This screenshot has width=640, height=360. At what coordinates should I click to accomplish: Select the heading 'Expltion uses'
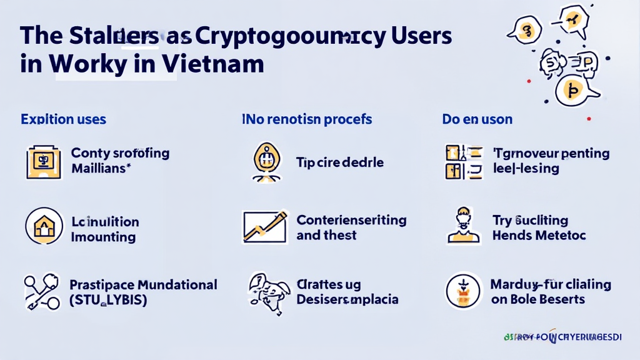tap(63, 119)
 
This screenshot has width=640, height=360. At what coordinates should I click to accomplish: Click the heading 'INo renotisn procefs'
tap(307, 119)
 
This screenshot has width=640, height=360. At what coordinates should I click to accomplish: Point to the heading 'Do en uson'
tap(477, 119)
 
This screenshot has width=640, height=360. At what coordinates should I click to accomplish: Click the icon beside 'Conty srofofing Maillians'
tap(43, 161)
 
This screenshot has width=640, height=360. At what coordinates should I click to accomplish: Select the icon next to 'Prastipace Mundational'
tap(41, 291)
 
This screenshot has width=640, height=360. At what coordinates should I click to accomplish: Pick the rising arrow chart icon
tap(264, 227)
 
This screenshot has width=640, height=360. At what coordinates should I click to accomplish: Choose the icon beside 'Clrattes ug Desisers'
tap(266, 291)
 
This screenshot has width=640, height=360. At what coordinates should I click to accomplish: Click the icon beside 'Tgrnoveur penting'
tap(463, 161)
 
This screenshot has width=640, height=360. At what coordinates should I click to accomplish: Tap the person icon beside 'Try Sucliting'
tap(463, 226)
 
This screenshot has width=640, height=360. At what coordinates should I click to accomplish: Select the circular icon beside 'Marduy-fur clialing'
tap(463, 291)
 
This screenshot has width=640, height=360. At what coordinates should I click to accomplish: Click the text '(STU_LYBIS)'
tap(108, 299)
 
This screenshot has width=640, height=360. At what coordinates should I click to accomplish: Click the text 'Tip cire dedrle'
tap(339, 162)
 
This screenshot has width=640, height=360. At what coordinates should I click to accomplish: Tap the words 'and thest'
tap(326, 236)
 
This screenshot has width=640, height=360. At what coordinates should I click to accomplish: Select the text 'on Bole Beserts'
tap(538, 299)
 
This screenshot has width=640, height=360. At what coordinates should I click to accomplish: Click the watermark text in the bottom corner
tap(562, 337)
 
